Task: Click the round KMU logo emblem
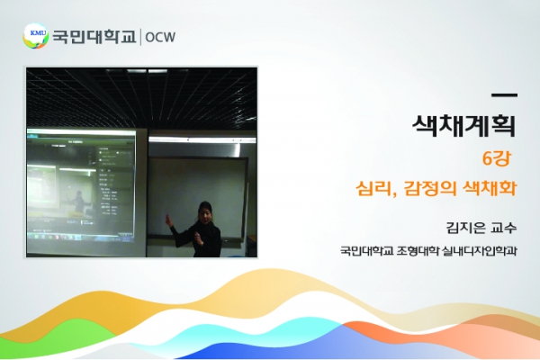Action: [x=35, y=36]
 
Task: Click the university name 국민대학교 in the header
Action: [x=94, y=37]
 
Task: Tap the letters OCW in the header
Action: [x=160, y=37]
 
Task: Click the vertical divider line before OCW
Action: [x=140, y=37]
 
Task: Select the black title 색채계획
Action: [x=464, y=126]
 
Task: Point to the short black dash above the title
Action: [x=505, y=95]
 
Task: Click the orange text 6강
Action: [x=496, y=158]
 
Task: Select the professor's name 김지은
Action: [x=465, y=228]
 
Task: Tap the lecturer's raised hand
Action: [x=168, y=220]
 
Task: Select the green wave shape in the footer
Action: [x=58, y=337]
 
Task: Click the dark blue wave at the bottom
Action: [x=275, y=350]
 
